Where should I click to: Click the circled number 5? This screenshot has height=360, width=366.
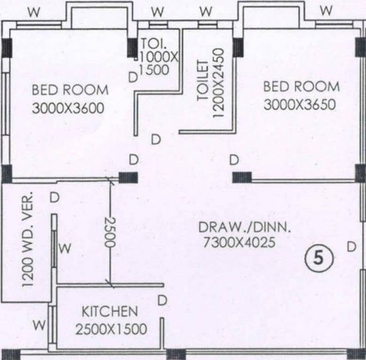click(x=319, y=258)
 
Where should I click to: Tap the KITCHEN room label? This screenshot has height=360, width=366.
click(x=110, y=311)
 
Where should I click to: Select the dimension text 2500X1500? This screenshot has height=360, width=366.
click(x=111, y=329)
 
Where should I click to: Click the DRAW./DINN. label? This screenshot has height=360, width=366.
click(x=244, y=227)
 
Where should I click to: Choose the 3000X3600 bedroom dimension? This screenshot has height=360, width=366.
click(x=68, y=108)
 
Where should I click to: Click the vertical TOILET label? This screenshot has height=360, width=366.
click(x=203, y=81)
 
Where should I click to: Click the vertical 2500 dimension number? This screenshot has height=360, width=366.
click(x=109, y=232)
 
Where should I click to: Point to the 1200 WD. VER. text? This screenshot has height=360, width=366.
click(x=28, y=239)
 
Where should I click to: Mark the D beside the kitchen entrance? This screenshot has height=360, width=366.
click(x=162, y=300)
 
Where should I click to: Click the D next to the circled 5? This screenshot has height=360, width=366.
click(x=351, y=247)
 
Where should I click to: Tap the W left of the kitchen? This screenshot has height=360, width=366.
click(x=40, y=324)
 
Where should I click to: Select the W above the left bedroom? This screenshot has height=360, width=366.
click(x=33, y=12)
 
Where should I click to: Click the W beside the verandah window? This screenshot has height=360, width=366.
click(x=66, y=248)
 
